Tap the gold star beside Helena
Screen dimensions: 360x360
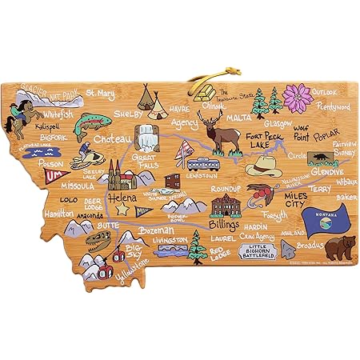point(122,209)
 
